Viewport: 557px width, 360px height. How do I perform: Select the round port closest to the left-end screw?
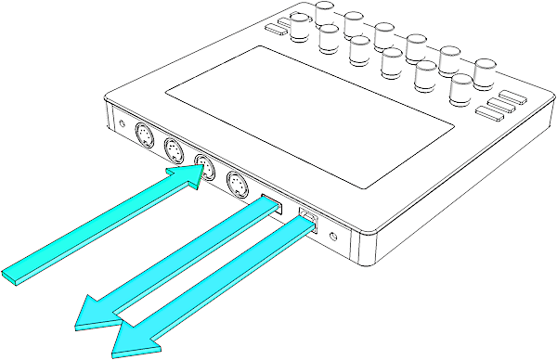(146, 135)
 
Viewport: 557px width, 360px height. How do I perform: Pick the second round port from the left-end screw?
(175, 151)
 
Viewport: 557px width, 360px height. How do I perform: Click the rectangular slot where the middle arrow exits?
(272, 204)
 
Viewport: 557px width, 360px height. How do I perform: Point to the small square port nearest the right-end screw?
(307, 222)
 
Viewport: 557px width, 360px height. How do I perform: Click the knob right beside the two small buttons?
(302, 28)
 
